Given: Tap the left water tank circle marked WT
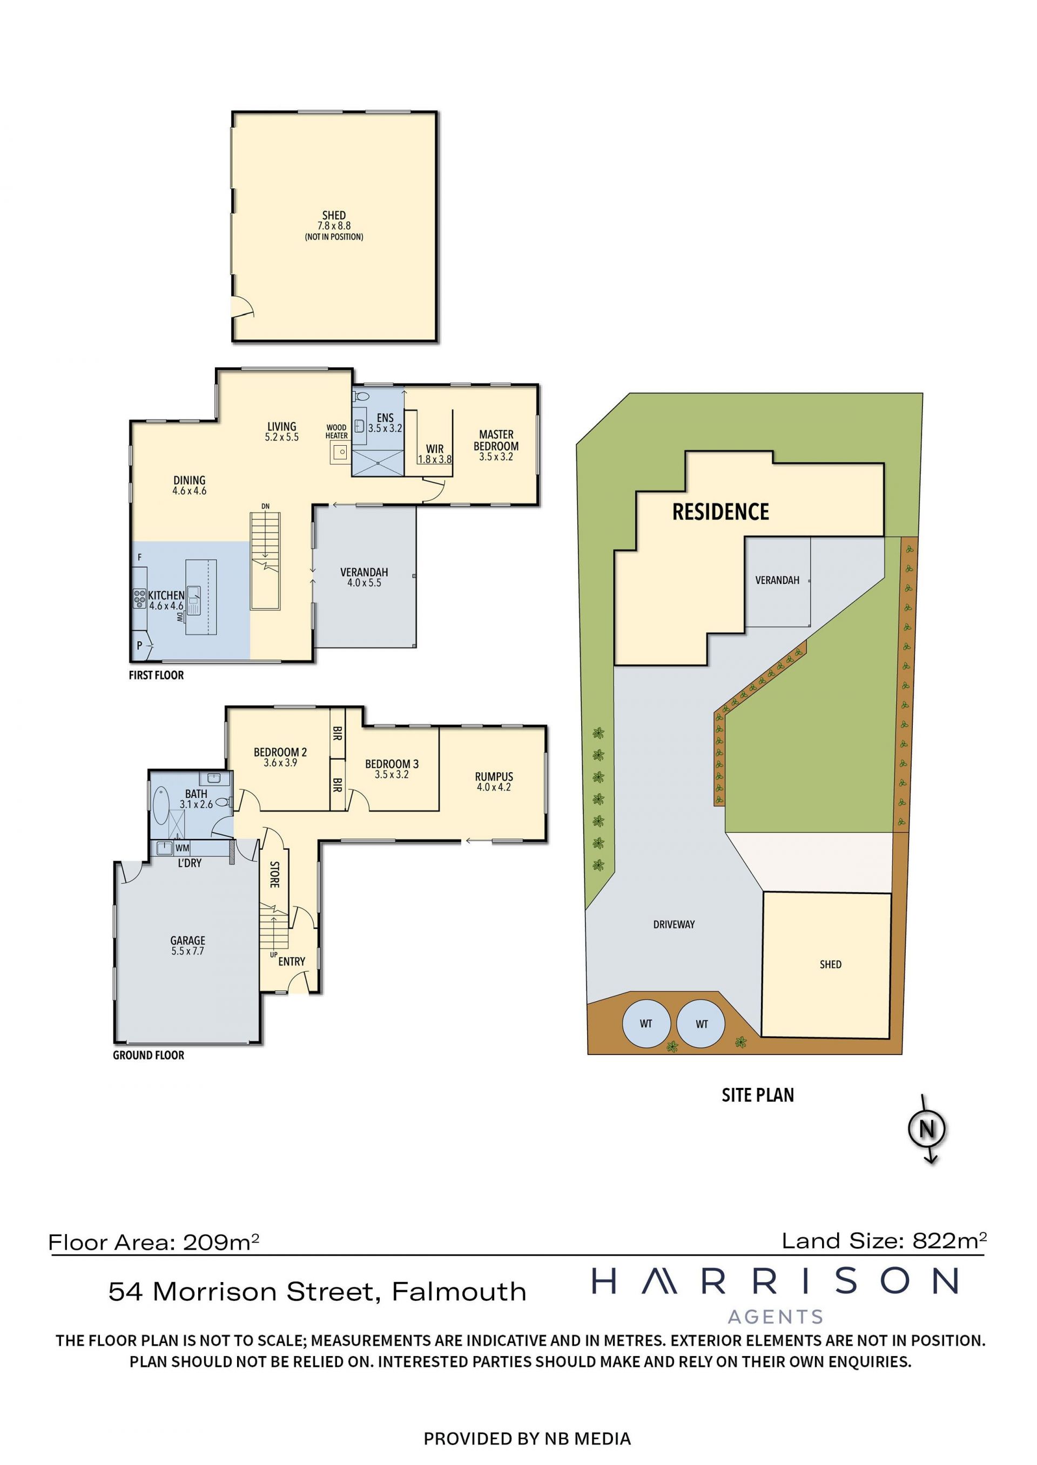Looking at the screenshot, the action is [x=646, y=1024].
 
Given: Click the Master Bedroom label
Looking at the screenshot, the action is [x=496, y=445].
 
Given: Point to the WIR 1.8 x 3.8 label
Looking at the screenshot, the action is [x=435, y=454].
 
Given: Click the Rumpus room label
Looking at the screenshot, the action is [x=494, y=782].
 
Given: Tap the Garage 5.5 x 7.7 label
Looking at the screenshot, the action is [x=188, y=945].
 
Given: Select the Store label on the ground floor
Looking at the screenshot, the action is [x=274, y=874].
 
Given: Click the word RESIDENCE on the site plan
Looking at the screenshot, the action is [x=720, y=512].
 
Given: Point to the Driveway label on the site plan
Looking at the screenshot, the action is [x=674, y=924].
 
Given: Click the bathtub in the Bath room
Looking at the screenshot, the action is [x=161, y=807].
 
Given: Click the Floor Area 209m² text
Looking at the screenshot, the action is [x=154, y=1242].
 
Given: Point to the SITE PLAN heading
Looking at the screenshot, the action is [x=757, y=1095].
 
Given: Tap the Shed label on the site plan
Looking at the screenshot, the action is [x=830, y=964].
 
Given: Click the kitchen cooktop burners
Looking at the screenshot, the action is [x=139, y=598].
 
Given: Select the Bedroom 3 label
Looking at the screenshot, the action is [x=392, y=769].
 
